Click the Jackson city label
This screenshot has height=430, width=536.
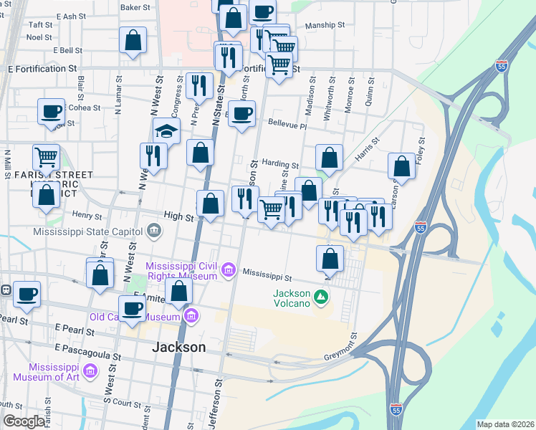[179, 347]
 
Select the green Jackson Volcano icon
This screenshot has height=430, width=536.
[321, 295]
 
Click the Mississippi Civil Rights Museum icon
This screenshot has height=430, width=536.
[229, 270]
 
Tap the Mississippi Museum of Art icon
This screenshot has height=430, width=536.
[90, 371]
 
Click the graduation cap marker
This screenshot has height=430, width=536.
[166, 131]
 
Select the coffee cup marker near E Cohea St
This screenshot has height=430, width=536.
[52, 112]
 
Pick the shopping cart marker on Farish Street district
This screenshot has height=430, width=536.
[47, 156]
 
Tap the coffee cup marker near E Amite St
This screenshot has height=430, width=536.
[133, 309]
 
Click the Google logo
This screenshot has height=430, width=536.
[24, 422]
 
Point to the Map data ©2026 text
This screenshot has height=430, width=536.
[505, 424]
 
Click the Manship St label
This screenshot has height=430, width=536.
[325, 25]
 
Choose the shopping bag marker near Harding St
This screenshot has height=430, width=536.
[328, 158]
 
